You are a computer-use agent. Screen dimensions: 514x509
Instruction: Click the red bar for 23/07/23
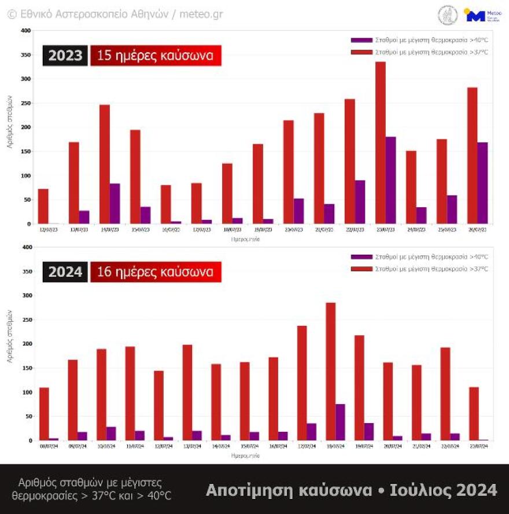pos(380,142)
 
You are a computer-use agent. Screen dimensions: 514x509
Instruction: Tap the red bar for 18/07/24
pos(330,371)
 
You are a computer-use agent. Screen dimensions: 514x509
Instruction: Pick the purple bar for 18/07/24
pos(340,422)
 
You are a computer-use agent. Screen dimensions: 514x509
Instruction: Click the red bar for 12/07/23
pos(43,206)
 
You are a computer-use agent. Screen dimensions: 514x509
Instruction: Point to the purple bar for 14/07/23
pos(115,203)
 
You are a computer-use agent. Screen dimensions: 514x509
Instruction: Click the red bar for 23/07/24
pos(474,413)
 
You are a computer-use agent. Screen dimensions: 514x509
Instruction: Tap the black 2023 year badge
pos(65,56)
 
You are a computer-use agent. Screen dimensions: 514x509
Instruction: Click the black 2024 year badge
pos(65,271)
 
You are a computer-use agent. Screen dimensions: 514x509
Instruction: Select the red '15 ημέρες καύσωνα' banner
pos(156,56)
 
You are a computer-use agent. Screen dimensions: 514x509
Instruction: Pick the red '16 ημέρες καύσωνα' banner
pos(156,271)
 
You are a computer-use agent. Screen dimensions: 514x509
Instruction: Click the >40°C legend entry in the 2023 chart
pos(419,40)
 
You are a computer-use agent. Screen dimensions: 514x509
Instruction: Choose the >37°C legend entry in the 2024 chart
pos(419,269)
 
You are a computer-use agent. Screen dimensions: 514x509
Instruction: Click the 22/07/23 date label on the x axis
pos(354,230)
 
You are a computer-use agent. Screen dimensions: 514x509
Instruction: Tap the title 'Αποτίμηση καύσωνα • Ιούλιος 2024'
pos(351,490)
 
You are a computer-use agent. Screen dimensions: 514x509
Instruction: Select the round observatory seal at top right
pos(447,16)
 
